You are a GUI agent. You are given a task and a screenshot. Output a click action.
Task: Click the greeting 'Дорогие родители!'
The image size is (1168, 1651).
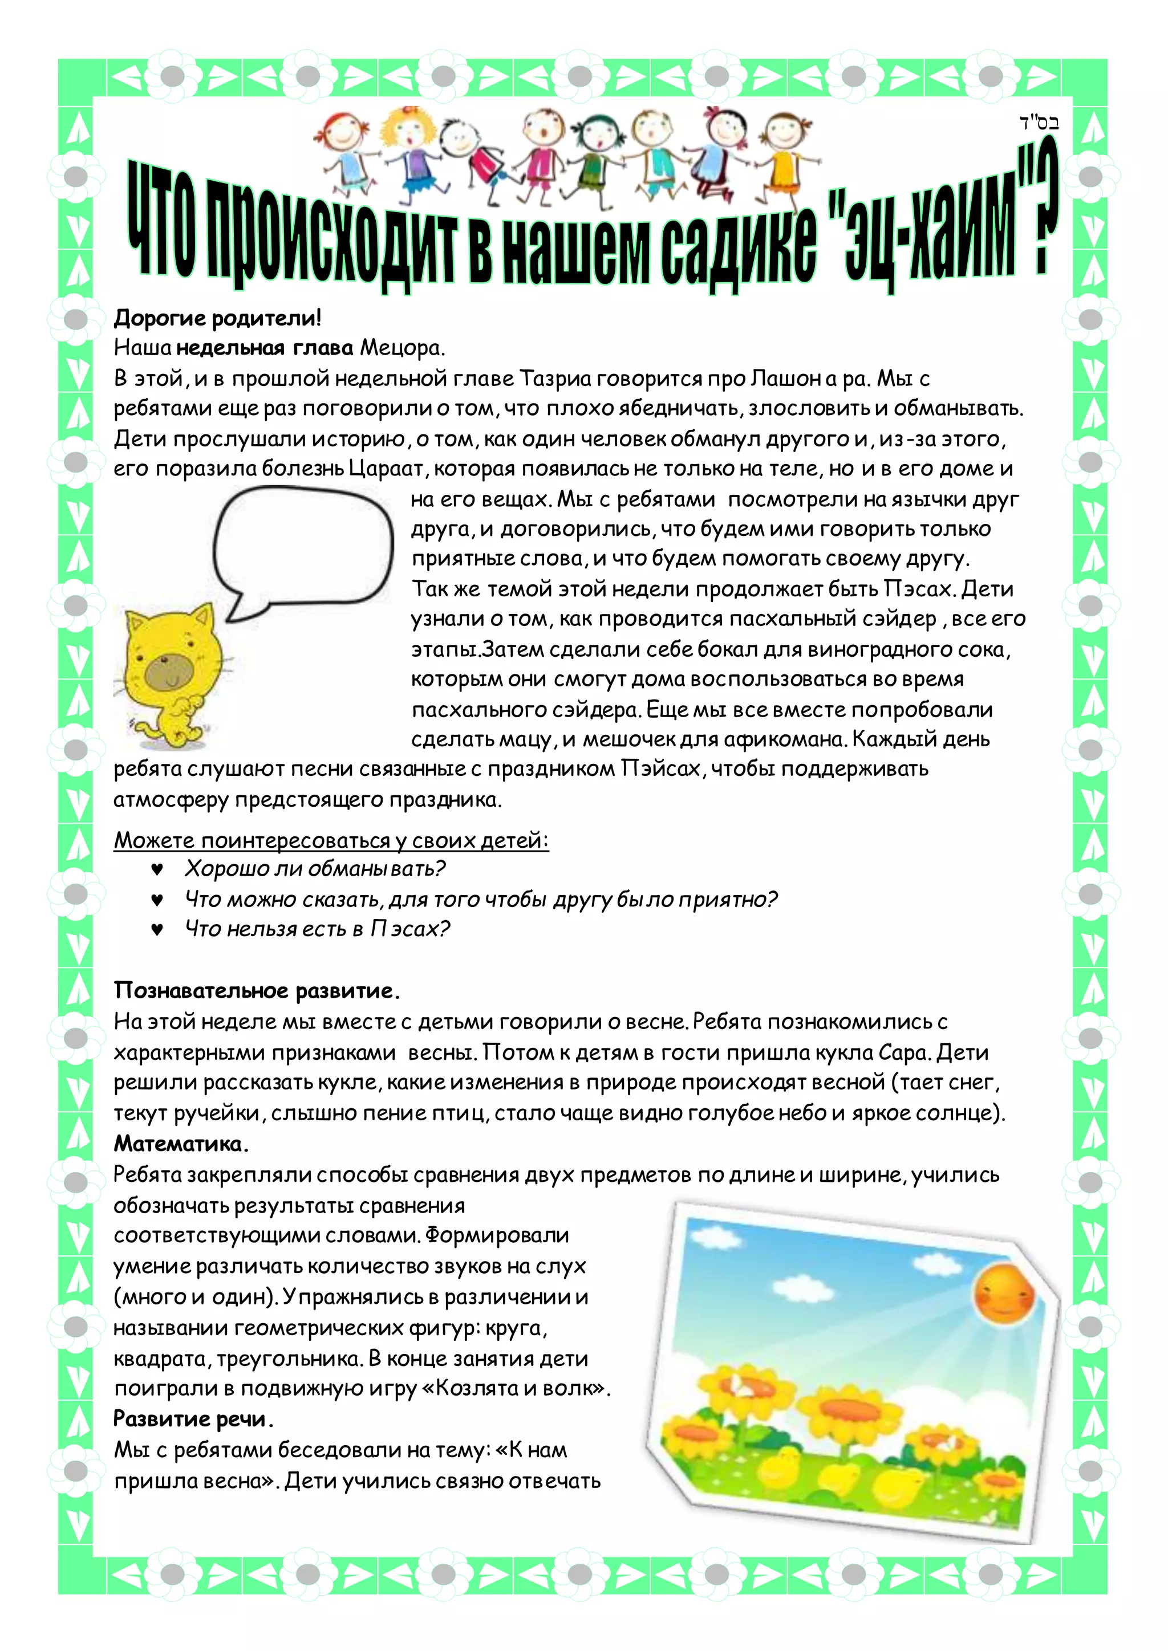click(217, 318)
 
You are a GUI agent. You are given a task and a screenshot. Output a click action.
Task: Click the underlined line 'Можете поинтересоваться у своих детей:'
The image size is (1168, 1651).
click(331, 840)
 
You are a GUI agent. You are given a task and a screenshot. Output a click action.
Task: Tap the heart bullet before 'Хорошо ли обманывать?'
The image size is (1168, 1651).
click(157, 869)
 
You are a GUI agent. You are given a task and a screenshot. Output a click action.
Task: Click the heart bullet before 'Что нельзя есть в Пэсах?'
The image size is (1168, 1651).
click(157, 929)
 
